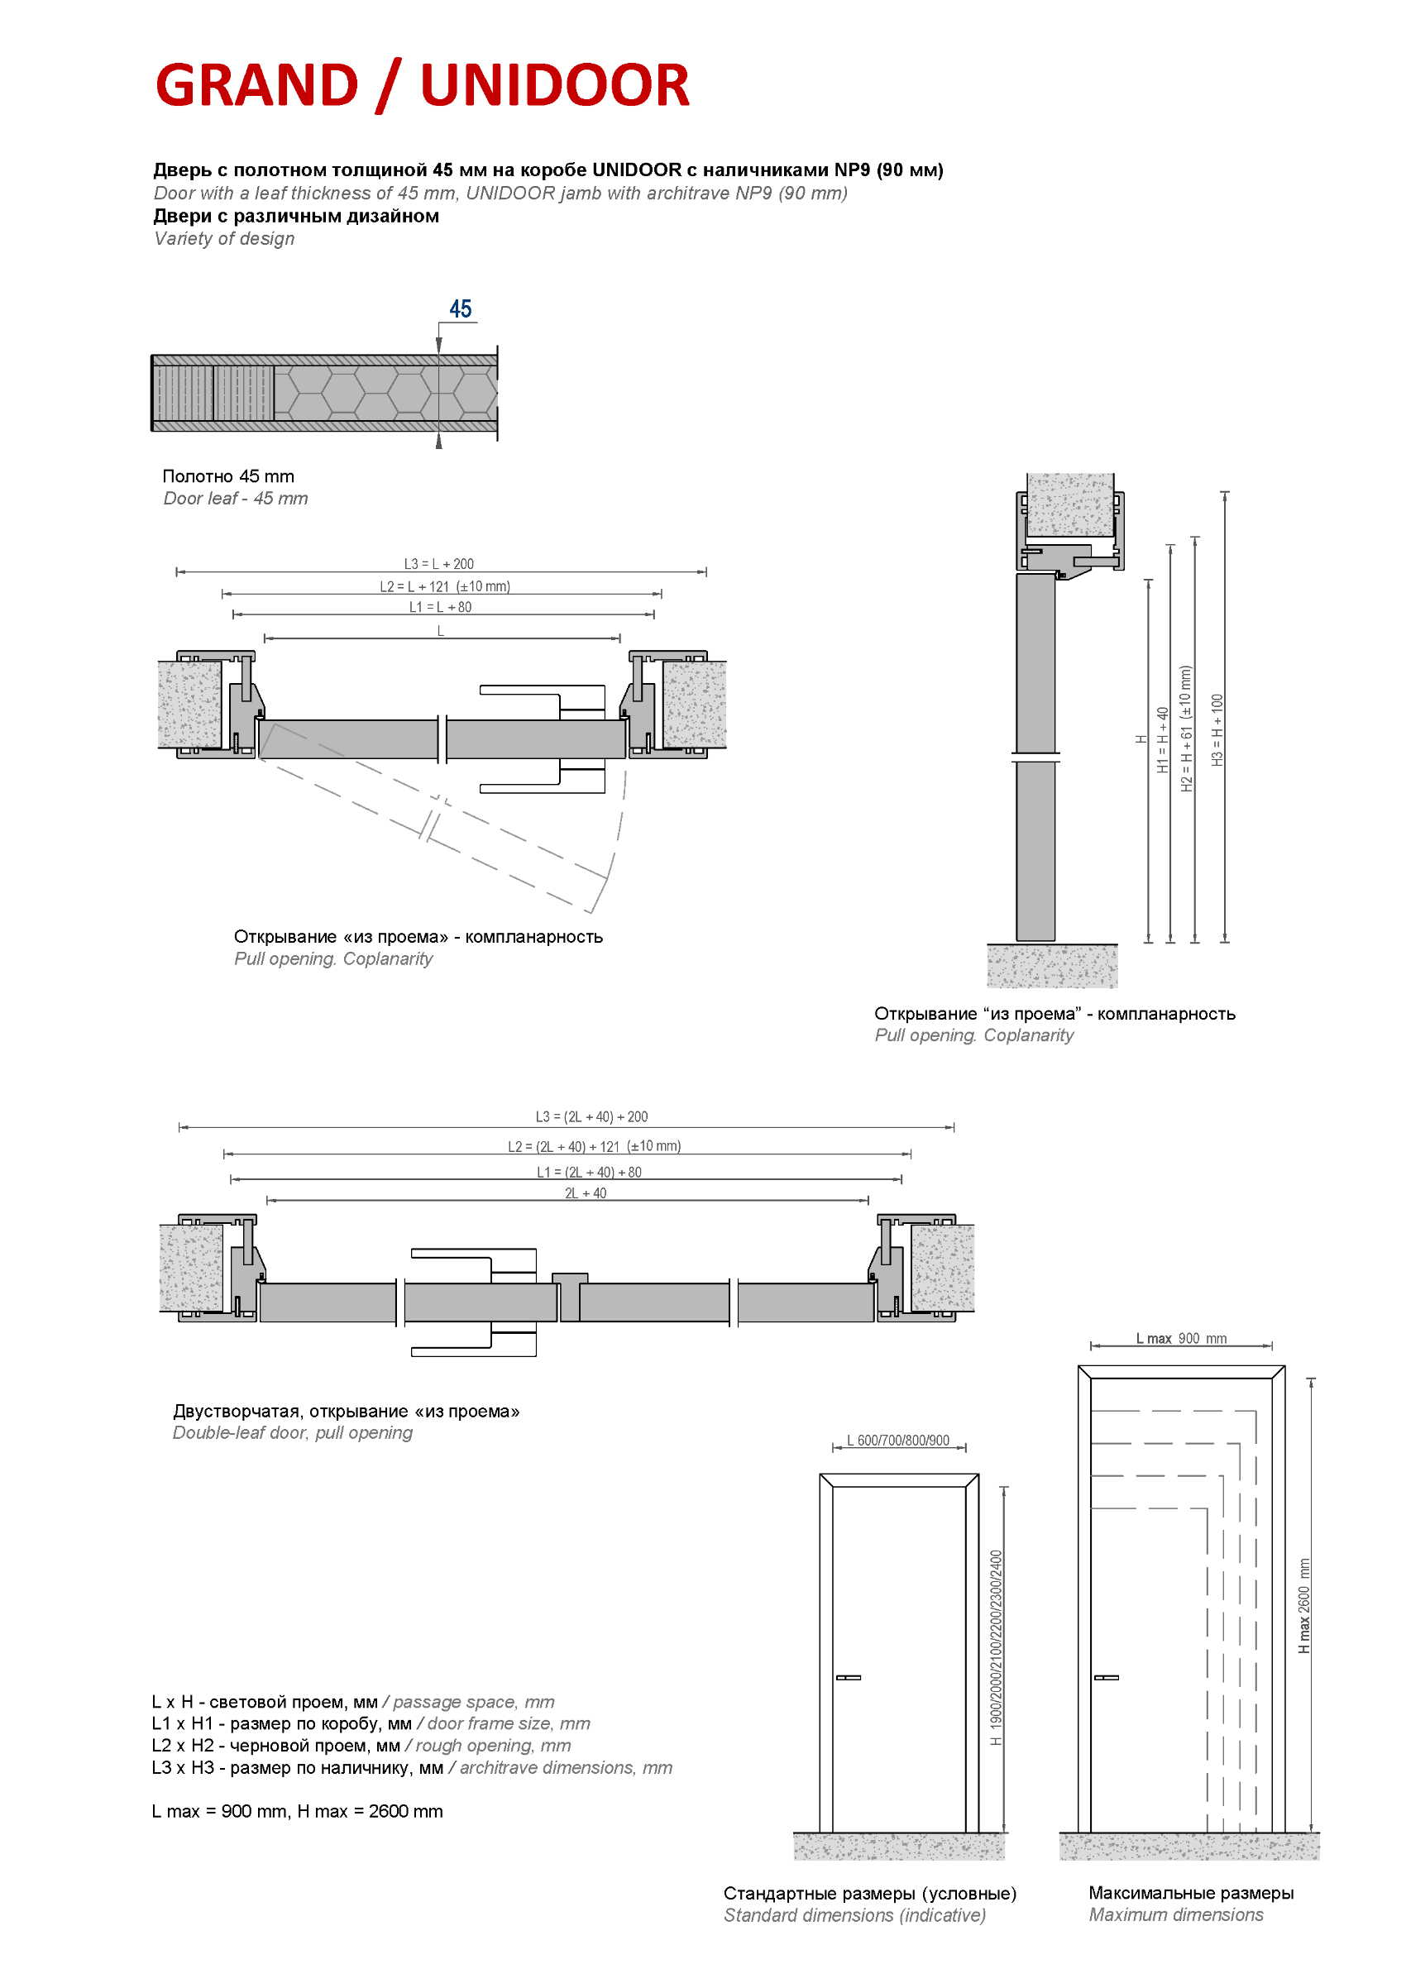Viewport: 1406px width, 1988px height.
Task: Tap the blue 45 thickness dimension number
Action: [x=460, y=309]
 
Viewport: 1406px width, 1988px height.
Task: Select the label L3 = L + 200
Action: [x=439, y=564]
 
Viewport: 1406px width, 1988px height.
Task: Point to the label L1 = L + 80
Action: [x=440, y=607]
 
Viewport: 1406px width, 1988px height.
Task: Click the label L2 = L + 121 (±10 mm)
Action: [x=445, y=586]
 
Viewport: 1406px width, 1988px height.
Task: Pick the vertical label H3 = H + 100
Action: [x=1217, y=729]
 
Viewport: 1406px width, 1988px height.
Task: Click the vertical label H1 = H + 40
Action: [x=1163, y=739]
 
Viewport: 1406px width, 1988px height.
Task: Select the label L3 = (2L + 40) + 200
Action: [x=591, y=1117]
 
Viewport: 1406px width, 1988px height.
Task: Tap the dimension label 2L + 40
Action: [x=586, y=1193]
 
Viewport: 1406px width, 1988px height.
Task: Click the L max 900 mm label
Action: [x=1181, y=1339]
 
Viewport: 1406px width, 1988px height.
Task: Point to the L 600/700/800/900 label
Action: [x=898, y=1441]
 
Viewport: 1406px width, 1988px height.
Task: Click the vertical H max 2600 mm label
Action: [x=1303, y=1606]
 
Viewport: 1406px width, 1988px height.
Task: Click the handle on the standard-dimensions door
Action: [x=848, y=1678]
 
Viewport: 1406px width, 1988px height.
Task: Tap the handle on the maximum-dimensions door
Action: [x=1106, y=1678]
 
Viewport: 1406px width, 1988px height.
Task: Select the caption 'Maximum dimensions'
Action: [x=1176, y=1915]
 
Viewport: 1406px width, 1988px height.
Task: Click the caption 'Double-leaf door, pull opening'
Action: [x=293, y=1433]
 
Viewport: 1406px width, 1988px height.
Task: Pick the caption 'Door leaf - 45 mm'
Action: [x=236, y=499]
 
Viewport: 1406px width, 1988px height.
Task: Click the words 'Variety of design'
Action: [x=224, y=239]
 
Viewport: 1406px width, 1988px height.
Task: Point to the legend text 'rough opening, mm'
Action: [x=493, y=1746]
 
